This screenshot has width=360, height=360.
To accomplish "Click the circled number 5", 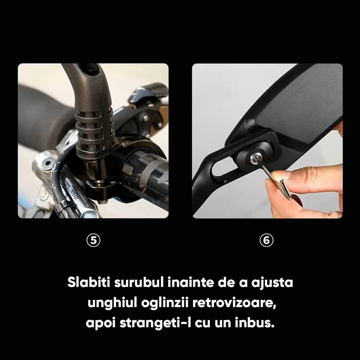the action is point(94,240).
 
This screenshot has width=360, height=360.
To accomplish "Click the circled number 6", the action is point(266,240).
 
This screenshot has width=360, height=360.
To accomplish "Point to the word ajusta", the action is point(272,283).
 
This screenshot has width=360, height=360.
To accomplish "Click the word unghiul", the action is point(112,302).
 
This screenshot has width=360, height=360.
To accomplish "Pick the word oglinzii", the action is point(165,303).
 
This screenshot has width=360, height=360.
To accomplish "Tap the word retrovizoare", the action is point(234,303).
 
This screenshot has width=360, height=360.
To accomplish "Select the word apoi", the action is point(100,323).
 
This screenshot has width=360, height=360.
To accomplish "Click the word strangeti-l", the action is point(156,323).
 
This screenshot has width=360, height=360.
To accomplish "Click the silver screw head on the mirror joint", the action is point(255,158).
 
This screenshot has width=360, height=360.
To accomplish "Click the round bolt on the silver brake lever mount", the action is point(48,163).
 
